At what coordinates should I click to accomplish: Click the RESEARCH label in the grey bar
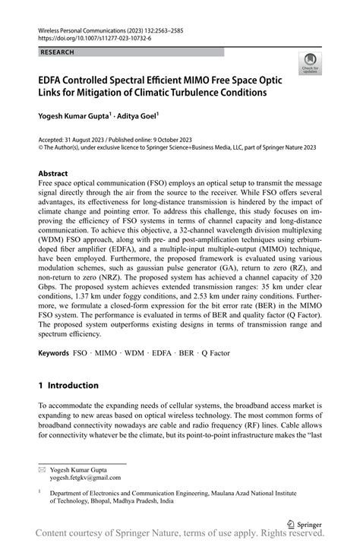(x=58, y=52)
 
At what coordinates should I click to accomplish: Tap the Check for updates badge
(x=309, y=65)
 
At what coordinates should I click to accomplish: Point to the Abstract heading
(x=58, y=174)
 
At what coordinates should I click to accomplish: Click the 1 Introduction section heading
(x=73, y=386)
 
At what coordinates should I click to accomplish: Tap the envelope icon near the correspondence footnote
(x=42, y=470)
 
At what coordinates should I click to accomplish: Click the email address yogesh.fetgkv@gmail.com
(x=85, y=478)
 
